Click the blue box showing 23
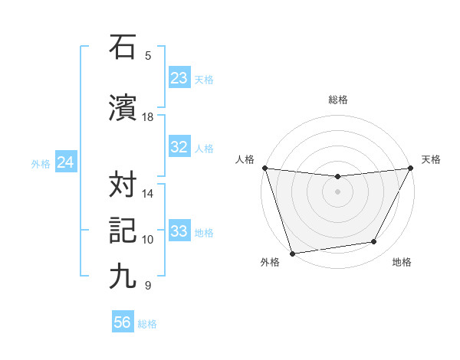179,78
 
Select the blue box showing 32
179,147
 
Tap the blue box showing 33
179,231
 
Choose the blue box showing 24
65,162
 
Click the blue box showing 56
123,323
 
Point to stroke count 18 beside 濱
148,117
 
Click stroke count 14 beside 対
148,194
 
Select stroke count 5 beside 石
148,55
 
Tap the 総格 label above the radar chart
338,100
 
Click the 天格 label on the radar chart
431,159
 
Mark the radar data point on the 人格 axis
264,168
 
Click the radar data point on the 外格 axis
292,253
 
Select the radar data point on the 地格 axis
374,242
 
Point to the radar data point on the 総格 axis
337,177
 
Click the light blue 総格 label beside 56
147,324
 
